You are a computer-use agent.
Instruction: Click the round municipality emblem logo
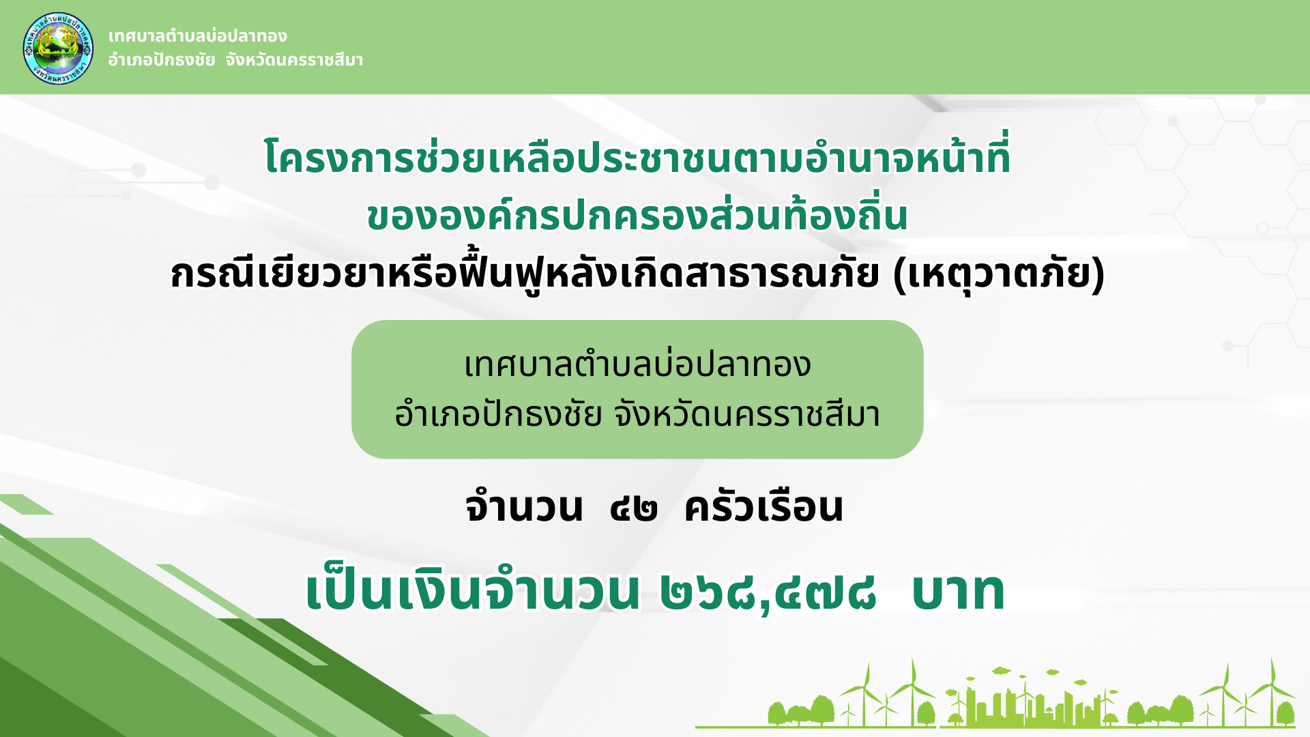click(x=58, y=48)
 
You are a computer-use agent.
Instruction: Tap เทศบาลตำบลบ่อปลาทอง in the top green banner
click(x=197, y=35)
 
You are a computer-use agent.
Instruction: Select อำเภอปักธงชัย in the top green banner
click(x=162, y=60)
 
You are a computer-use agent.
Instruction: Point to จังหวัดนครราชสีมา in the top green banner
click(x=294, y=60)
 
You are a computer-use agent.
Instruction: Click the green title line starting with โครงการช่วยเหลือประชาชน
click(x=637, y=156)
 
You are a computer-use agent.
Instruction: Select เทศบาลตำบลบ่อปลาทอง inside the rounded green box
click(x=637, y=364)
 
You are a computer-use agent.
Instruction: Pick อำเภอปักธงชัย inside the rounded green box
click(x=498, y=414)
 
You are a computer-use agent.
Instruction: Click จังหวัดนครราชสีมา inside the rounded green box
click(x=747, y=414)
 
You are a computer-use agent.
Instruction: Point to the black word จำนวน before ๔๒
click(x=524, y=507)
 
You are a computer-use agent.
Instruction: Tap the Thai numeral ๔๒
click(x=634, y=510)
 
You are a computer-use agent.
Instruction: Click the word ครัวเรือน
click(x=764, y=507)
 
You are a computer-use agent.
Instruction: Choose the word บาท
click(x=958, y=592)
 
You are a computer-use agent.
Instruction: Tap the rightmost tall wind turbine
click(x=1272, y=693)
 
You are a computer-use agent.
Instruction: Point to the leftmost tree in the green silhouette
click(x=778, y=713)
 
